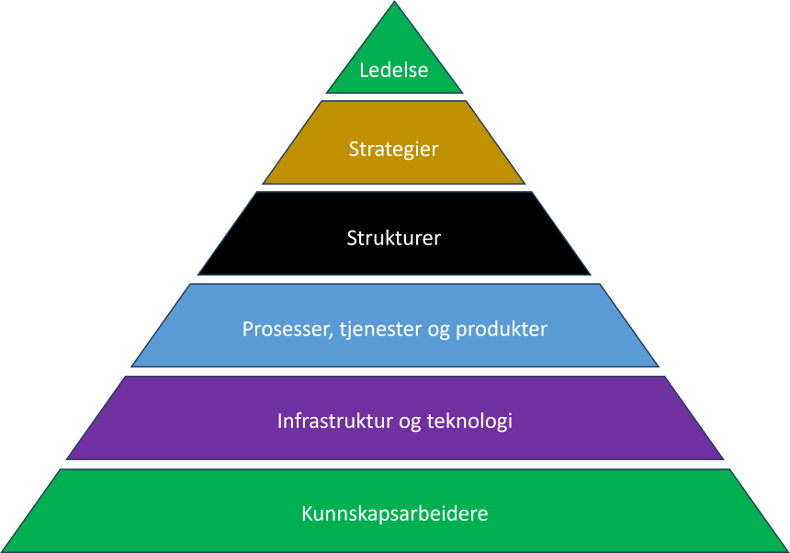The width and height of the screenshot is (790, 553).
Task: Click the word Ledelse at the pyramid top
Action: [394, 70]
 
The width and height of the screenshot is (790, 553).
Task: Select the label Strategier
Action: [394, 148]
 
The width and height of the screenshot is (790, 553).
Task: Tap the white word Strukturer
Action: [394, 238]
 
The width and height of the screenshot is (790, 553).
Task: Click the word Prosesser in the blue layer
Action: [282, 329]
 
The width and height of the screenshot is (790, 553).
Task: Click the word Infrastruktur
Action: [334, 422]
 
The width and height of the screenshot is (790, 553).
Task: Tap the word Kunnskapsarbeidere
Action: [394, 513]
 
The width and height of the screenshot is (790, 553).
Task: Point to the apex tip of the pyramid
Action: [395, 4]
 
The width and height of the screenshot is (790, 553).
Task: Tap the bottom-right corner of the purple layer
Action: [722, 457]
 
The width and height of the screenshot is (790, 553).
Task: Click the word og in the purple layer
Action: [409, 423]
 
